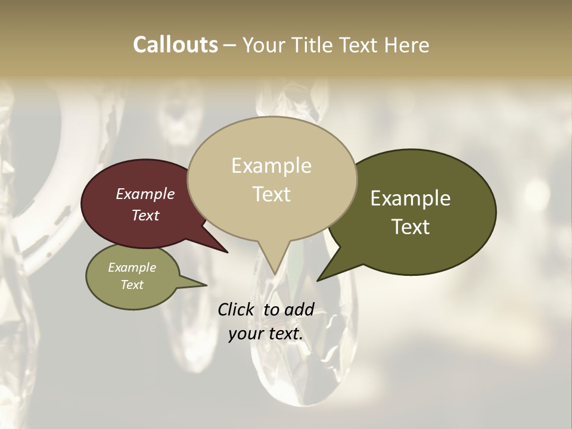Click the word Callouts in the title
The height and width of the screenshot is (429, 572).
coord(175,45)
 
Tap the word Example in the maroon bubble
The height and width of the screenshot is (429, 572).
coord(145,194)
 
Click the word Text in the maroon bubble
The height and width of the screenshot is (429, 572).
coord(145,215)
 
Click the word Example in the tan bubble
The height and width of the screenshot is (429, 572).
coord(271,166)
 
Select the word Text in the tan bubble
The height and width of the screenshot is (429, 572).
coord(271,194)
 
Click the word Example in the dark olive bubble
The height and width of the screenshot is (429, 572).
coord(411,198)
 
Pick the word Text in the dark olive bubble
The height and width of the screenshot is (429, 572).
coord(411,226)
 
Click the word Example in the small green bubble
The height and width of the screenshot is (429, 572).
coord(132,268)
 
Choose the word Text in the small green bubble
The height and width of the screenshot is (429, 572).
coord(132,285)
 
